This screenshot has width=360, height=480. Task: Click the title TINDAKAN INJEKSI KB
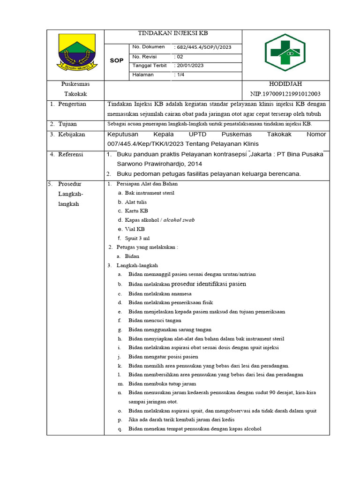tap(172, 34)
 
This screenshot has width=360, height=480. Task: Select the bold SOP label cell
tap(116, 61)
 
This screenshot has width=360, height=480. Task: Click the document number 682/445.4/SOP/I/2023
tap(203, 47)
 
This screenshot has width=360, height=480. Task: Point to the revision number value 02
tap(180, 57)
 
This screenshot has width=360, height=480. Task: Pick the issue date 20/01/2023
tap(190, 66)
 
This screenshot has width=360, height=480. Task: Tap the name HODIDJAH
tap(285, 84)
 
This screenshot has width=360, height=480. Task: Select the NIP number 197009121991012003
tap(285, 94)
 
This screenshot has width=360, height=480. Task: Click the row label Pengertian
tap(72, 104)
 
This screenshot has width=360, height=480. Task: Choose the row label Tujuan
tap(67, 124)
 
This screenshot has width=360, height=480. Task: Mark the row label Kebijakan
tap(71, 134)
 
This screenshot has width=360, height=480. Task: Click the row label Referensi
tap(71, 154)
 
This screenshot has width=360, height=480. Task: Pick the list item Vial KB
tap(135, 229)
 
